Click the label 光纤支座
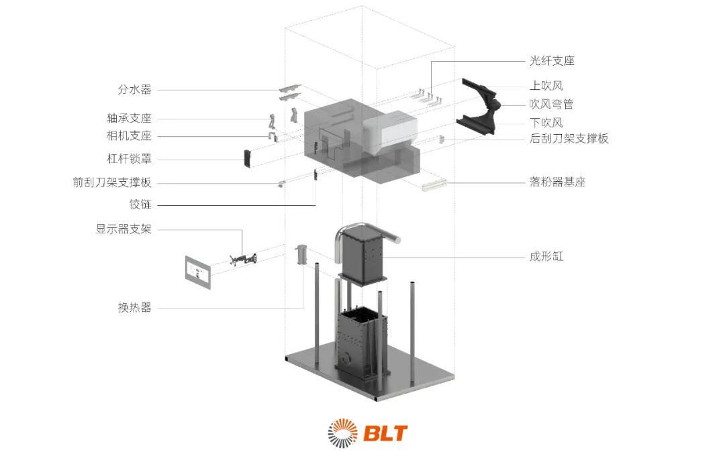coord(552,61)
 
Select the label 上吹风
coord(546,86)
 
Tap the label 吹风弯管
coord(551,105)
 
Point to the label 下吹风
coord(546,123)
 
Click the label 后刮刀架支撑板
coord(569,139)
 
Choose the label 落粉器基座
coord(557,182)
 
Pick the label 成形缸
coord(546,256)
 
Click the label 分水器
coord(134,89)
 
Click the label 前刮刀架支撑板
coord(112,183)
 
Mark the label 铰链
coord(140,205)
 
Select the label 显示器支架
coord(123,229)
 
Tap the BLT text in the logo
coord(386,433)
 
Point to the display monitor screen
coord(197,271)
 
